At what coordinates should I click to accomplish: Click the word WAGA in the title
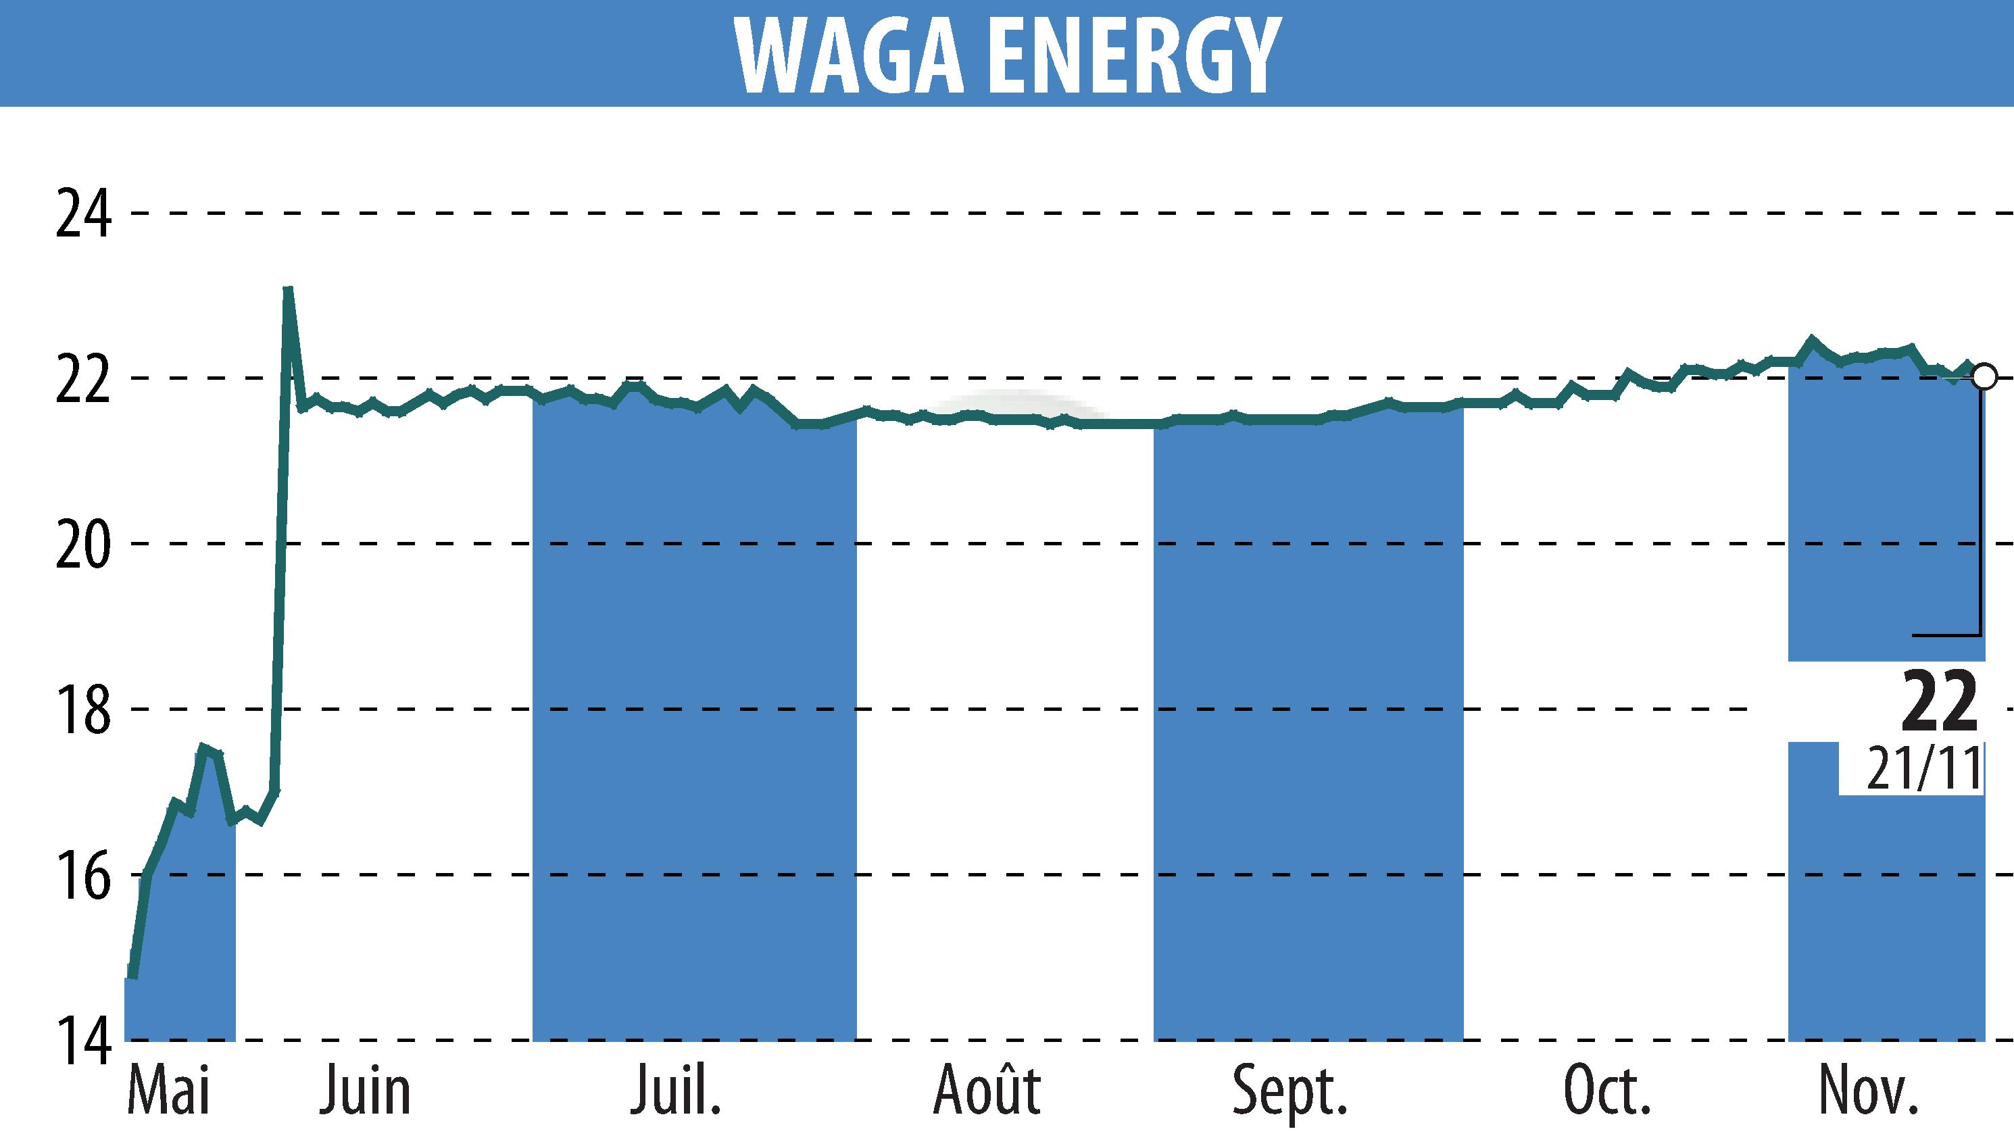[850, 55]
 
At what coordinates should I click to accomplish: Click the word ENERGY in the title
[1131, 55]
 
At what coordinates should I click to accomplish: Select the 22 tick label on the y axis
[83, 380]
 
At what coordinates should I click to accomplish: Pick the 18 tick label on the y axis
[83, 710]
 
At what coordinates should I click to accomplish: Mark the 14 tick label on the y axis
[83, 1041]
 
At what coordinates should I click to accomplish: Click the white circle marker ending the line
[1984, 376]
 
